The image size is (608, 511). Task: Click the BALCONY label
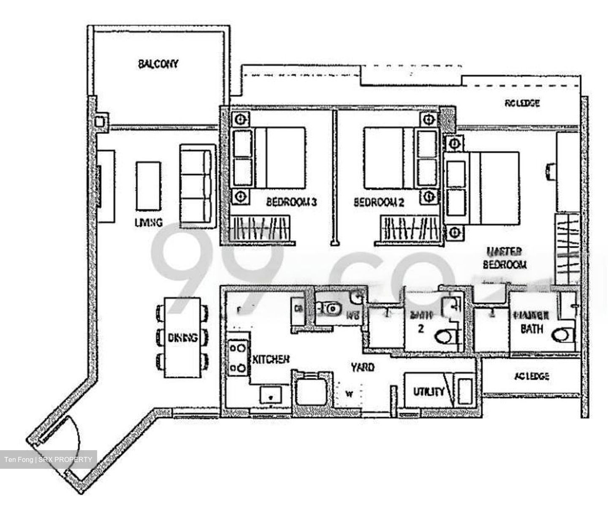(x=158, y=64)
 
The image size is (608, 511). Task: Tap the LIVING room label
(x=149, y=223)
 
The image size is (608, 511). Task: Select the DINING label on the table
(x=182, y=338)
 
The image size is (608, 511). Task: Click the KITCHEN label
(x=271, y=359)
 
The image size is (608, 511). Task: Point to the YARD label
(x=363, y=367)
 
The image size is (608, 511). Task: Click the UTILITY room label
(x=429, y=391)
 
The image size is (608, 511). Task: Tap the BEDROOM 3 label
(x=291, y=202)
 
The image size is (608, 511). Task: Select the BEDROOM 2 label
(x=379, y=202)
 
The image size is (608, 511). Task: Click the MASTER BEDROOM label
(x=505, y=258)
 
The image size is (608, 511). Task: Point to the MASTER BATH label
(x=531, y=322)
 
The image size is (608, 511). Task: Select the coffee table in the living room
(x=148, y=185)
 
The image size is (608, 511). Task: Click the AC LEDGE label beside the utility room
(x=532, y=376)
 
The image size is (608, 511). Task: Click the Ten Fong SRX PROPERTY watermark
(x=48, y=459)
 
